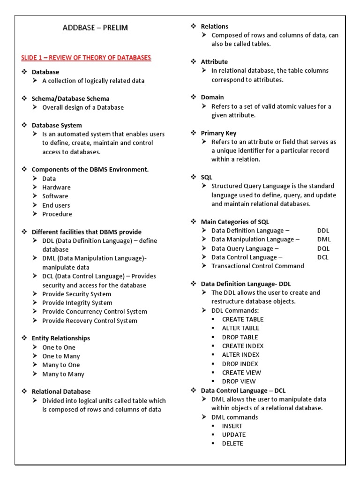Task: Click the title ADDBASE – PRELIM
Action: coord(95,28)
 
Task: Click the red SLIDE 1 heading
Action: coord(86,58)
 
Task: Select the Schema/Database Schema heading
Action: coord(70,98)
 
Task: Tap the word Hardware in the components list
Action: coord(56,187)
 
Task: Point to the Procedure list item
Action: coord(57,214)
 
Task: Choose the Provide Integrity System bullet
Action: coord(77,303)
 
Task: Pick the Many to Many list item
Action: coord(63,374)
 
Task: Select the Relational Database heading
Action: coord(61,391)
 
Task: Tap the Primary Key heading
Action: coord(218,133)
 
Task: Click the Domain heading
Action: coord(212,97)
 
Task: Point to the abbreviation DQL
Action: coord(323,248)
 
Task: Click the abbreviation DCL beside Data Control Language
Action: coord(323,257)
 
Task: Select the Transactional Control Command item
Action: coord(258,266)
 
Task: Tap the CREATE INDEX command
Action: coord(243,346)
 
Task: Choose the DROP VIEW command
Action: coord(239,382)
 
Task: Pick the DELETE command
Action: coord(232,443)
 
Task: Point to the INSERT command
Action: coord(232,426)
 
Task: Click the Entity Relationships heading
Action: coord(60,338)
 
